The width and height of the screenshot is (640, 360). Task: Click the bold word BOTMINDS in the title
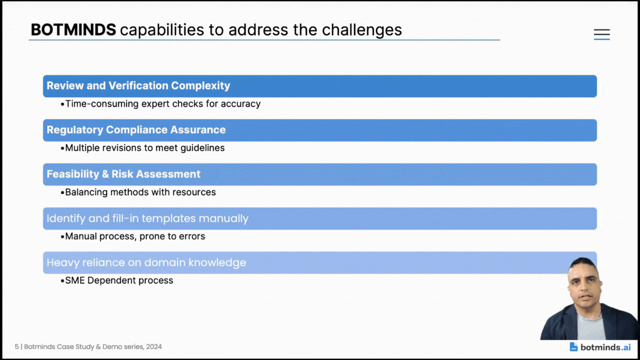73,30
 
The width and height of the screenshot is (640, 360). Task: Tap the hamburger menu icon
602,34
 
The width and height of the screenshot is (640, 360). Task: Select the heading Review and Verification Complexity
138,86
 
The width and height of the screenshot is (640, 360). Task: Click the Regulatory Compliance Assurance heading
136,130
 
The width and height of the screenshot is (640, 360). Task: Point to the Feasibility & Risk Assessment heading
123,174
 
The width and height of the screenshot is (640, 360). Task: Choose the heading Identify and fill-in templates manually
147,218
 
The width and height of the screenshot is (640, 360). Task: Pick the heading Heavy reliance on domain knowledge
146,262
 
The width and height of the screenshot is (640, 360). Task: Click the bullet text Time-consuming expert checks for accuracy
163,104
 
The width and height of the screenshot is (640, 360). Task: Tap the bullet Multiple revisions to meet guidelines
145,148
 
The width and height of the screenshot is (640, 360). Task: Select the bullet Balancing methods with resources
141,192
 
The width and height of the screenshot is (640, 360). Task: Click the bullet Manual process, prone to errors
135,236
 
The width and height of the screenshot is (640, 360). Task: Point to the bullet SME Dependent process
119,281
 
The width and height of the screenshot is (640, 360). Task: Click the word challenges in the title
362,30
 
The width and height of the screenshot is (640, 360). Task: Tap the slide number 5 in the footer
17,347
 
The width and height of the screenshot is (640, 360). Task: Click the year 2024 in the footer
154,347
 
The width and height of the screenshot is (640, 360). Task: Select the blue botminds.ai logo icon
573,347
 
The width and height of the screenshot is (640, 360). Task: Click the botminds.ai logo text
606,347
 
